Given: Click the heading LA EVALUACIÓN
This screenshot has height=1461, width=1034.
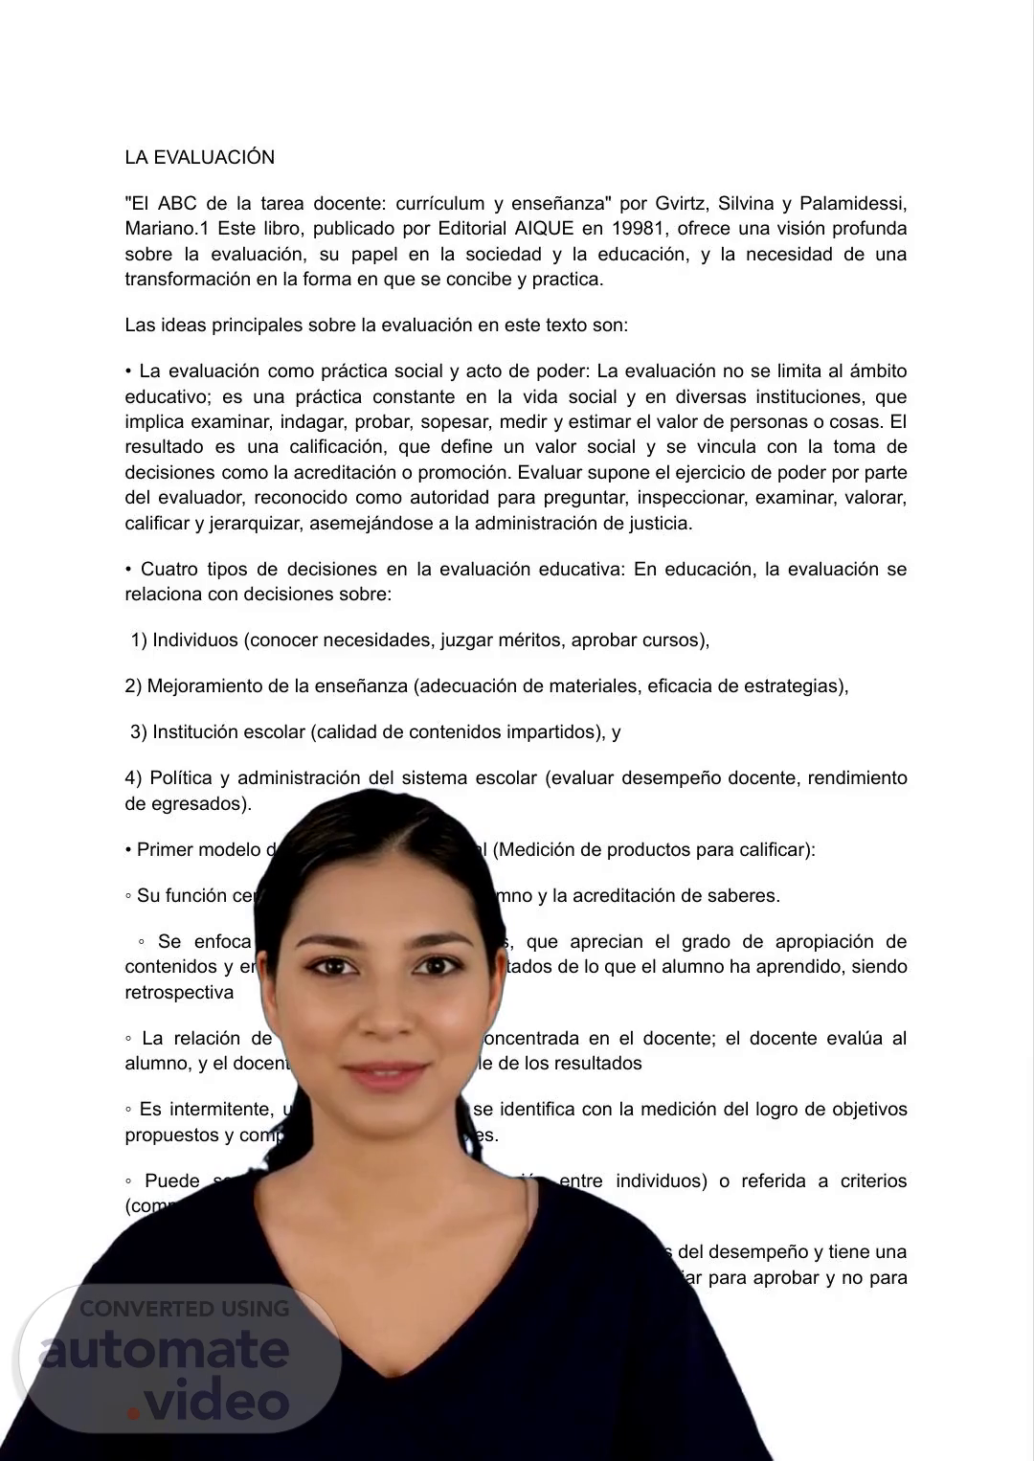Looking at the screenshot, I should click(x=199, y=158).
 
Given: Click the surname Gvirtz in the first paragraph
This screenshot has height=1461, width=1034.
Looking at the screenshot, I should click(x=681, y=203).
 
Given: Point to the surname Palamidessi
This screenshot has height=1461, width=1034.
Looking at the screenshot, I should click(x=852, y=203).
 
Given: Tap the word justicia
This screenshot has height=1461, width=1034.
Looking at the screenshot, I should click(x=659, y=524).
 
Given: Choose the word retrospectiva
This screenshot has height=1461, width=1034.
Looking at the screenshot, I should click(x=179, y=993).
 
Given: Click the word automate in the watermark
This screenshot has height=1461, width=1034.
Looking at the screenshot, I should click(x=165, y=1350).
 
